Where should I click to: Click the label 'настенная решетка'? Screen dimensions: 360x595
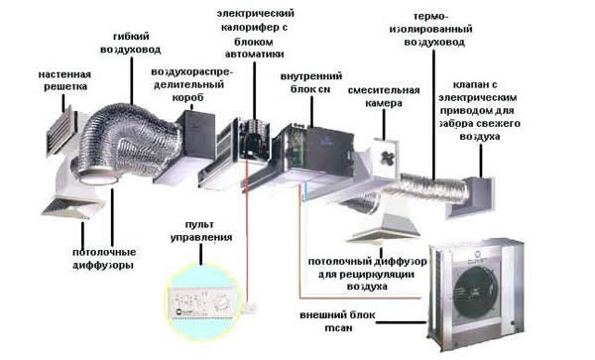tap(66, 81)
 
